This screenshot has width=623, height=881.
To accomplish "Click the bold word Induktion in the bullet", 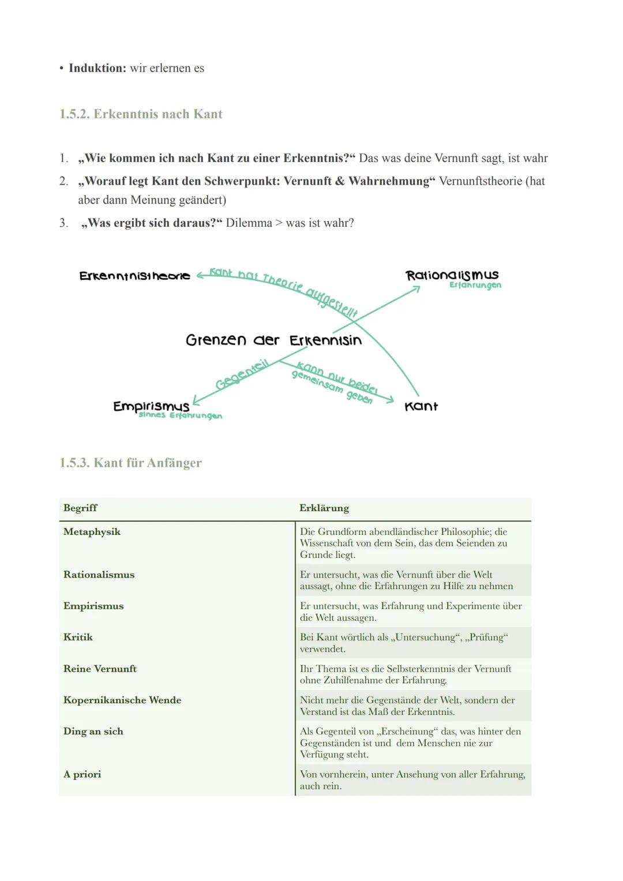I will pyautogui.click(x=97, y=68).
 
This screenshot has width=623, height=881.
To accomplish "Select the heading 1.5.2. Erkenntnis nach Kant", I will pyautogui.click(x=141, y=114).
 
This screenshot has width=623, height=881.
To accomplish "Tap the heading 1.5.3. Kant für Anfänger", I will pyautogui.click(x=130, y=463).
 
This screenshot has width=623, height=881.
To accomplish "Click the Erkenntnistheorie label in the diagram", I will pyautogui.click(x=134, y=276).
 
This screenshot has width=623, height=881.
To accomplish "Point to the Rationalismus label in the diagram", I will pyautogui.click(x=452, y=275).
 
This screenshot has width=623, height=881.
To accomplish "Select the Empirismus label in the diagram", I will pyautogui.click(x=151, y=406).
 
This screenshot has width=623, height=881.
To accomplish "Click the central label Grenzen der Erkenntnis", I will pyautogui.click(x=273, y=340).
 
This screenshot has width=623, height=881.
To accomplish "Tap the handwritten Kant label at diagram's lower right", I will pyautogui.click(x=421, y=406).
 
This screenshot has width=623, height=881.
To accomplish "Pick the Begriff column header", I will pyautogui.click(x=80, y=508).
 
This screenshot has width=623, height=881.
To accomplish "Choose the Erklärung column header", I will pyautogui.click(x=324, y=508).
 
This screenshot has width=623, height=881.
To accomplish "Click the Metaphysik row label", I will pyautogui.click(x=92, y=532).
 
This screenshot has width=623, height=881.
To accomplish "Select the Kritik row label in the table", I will pyautogui.click(x=78, y=638).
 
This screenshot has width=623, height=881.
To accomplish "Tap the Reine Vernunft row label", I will pyautogui.click(x=100, y=669).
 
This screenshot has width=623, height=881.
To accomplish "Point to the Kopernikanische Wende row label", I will pyautogui.click(x=122, y=700).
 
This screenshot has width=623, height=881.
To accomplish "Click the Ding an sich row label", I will pyautogui.click(x=93, y=732).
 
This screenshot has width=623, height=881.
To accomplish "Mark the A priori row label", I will pyautogui.click(x=82, y=774).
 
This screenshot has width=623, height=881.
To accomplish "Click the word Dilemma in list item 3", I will pyautogui.click(x=249, y=223).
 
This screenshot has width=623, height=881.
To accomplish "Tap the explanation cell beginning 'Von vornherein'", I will pyautogui.click(x=412, y=780).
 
